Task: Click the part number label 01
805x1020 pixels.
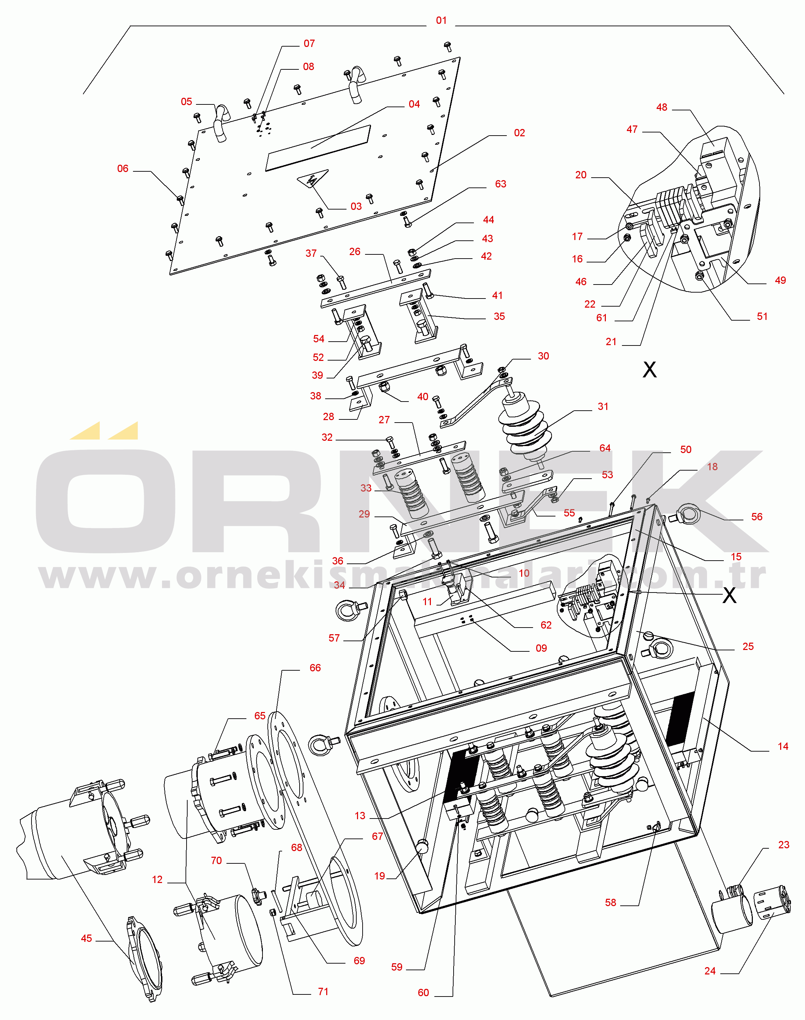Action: click(x=441, y=20)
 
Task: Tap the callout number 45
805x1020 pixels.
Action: click(x=86, y=938)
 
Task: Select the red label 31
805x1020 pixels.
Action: click(x=603, y=406)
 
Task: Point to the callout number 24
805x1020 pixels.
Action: click(x=710, y=971)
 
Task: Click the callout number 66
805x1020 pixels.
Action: click(x=315, y=668)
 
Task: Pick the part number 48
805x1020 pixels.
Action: click(x=662, y=107)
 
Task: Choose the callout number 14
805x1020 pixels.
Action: click(x=783, y=746)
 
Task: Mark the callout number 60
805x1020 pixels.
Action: click(x=423, y=993)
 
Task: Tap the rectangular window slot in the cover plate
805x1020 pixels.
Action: click(x=318, y=148)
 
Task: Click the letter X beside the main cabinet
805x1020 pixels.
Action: click(x=729, y=595)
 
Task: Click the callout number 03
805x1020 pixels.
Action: click(x=356, y=206)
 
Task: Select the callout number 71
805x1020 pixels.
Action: click(x=323, y=992)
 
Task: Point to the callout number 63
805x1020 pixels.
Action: click(x=500, y=184)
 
